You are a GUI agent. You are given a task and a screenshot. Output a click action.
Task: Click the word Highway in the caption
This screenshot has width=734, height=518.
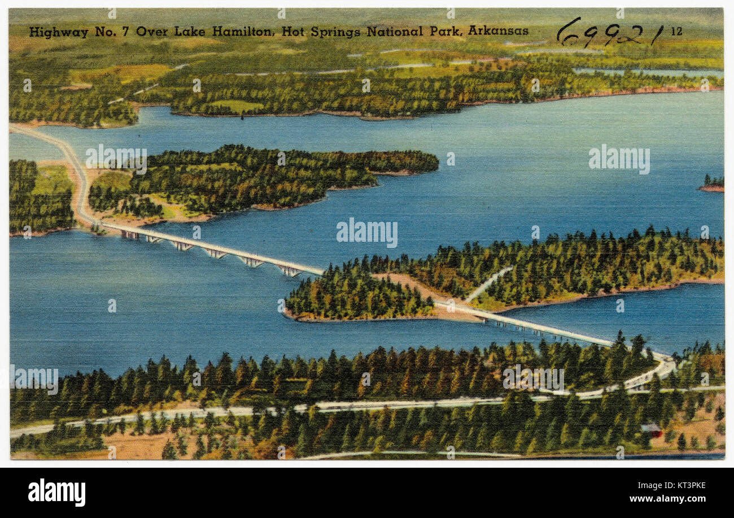click(58, 32)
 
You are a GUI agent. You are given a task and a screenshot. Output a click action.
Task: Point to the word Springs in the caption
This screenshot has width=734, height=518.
click(335, 32)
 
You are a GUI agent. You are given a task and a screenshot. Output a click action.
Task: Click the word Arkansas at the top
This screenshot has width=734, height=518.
click(498, 31)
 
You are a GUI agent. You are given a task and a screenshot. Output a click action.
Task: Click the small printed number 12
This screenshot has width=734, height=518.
click(676, 32)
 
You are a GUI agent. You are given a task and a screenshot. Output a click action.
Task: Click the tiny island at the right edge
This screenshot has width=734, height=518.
click(713, 184)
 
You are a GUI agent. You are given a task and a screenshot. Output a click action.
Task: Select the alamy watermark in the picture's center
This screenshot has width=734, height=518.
click(366, 233)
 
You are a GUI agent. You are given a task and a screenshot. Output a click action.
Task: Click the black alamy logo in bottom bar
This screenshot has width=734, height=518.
click(56, 492)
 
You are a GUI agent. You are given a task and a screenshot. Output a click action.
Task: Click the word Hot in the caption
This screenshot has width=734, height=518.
click(292, 32)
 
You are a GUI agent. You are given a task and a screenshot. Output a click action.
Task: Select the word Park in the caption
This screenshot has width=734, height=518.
click(445, 32)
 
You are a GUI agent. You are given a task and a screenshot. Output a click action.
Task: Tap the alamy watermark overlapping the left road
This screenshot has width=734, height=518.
click(116, 159)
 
